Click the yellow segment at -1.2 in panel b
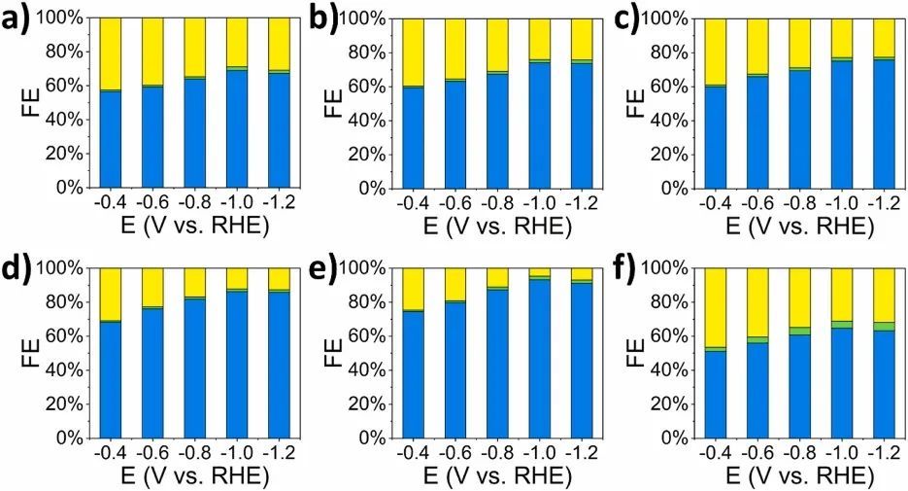coord(582,39)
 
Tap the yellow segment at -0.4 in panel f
coord(715,307)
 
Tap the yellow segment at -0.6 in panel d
coord(151,287)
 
